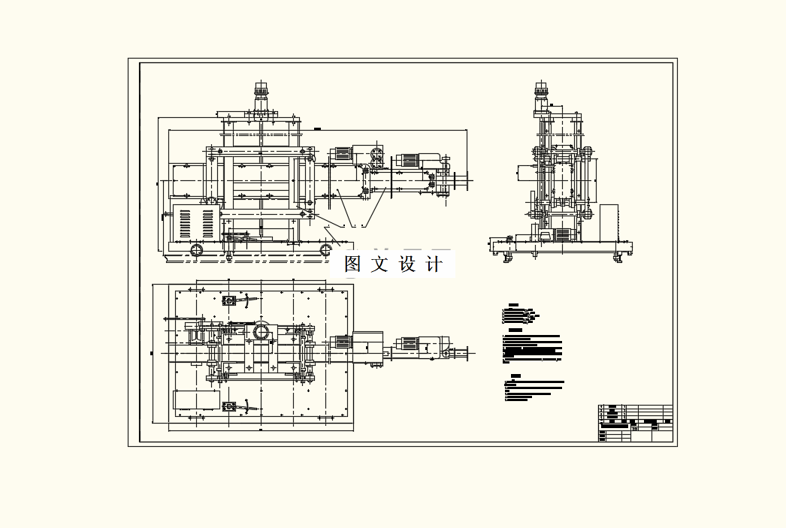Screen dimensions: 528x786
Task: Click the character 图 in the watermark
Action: (353, 264)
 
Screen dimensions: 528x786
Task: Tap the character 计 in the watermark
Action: (434, 264)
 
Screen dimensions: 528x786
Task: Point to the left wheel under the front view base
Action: (197, 250)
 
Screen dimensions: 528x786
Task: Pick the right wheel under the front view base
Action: (327, 249)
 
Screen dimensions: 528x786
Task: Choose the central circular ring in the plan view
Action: (261, 331)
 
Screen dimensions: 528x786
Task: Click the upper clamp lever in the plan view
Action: (239, 300)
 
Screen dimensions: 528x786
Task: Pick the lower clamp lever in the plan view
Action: (239, 406)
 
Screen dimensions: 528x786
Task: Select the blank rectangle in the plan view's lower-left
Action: (197, 399)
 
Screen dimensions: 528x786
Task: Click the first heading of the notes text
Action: (514, 305)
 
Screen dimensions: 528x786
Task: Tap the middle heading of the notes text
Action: (515, 330)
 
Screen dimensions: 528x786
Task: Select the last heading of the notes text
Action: (515, 376)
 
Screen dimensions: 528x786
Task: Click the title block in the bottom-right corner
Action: (635, 423)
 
